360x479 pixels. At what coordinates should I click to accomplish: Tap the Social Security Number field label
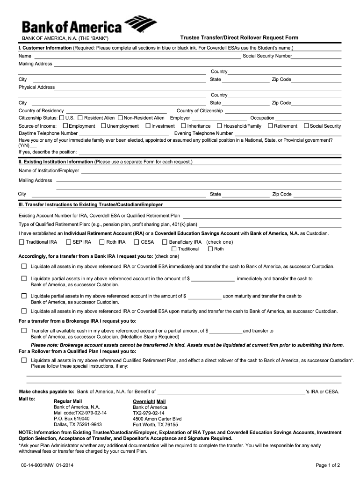pos(267,56)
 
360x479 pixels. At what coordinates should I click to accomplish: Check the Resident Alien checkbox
pos(80,118)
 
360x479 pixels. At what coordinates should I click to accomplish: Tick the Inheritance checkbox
pos(183,126)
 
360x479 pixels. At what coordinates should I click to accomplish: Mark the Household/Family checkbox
pos(219,126)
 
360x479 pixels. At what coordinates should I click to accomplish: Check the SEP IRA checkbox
pos(68,242)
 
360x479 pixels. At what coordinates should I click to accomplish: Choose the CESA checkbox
pos(137,242)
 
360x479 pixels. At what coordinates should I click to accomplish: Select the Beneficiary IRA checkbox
pos(164,242)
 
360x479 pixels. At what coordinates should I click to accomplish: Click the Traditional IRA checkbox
pos(21,242)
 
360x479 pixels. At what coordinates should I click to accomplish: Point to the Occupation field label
pos(262,118)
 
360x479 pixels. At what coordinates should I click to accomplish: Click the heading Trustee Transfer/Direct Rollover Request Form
pos(239,38)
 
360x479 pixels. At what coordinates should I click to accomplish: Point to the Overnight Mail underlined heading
pos(149,401)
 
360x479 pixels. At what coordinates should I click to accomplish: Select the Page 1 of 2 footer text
pos(328,465)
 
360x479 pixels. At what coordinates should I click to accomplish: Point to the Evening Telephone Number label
pos(203,133)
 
